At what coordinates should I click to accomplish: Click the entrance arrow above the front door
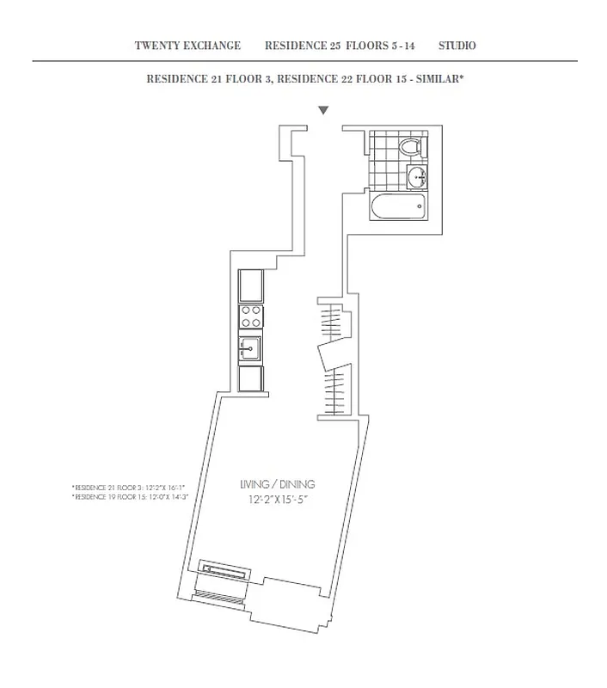point(323,110)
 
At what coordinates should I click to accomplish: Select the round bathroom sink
point(417,177)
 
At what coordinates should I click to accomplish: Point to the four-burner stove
point(251,316)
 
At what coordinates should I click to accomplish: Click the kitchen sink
point(250,348)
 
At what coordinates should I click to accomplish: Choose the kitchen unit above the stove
point(251,284)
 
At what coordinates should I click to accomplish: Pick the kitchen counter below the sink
point(251,378)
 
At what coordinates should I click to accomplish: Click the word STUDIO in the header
point(457,46)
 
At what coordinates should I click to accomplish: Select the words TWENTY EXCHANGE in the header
point(187,46)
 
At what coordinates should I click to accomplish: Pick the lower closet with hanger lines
point(336,386)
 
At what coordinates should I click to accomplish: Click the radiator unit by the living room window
point(225,570)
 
